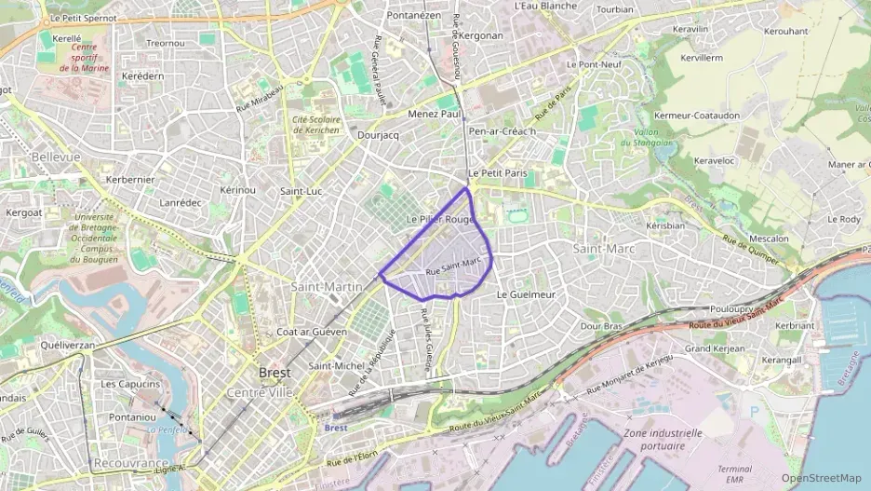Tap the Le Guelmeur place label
pos(526,294)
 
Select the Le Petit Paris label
pos(497,173)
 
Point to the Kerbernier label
pos(130,179)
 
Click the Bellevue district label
pos(56,157)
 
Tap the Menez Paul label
pos(435,114)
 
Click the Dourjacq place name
pos(378,135)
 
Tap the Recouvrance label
pos(130,463)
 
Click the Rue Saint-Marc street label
pos(453,266)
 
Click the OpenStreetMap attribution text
pos(821,478)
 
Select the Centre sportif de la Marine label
pos(85,58)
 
